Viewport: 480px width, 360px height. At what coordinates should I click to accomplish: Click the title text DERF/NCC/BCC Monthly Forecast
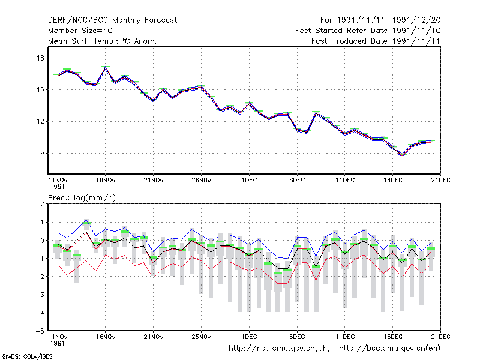[112, 20]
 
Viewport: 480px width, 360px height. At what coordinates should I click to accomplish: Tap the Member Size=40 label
[80, 31]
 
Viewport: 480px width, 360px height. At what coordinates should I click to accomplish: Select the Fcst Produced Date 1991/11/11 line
[376, 41]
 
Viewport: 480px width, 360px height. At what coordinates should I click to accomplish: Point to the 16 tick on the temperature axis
[41, 58]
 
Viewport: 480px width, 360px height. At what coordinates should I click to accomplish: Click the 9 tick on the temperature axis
[42, 153]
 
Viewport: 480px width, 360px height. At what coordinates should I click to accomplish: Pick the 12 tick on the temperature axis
[41, 121]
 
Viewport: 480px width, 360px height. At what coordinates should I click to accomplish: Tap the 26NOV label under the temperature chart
[202, 181]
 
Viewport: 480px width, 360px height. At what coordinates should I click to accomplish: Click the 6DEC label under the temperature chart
[297, 181]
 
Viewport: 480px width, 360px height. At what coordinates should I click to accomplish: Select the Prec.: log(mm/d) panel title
[82, 198]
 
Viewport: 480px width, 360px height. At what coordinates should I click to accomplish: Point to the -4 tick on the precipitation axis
[40, 313]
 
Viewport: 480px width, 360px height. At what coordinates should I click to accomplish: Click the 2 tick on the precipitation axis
[42, 204]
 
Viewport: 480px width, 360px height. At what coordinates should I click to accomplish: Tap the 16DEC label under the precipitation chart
[393, 337]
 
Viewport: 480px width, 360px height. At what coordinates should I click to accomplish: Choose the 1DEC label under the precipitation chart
[249, 337]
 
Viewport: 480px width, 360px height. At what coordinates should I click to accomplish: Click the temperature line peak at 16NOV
[106, 68]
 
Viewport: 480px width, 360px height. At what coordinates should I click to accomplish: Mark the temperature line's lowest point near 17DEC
[402, 155]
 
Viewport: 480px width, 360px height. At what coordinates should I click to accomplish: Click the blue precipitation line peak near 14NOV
[86, 220]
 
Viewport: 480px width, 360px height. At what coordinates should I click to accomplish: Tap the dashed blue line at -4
[245, 313]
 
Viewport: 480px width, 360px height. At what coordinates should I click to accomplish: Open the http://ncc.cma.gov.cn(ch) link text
[279, 349]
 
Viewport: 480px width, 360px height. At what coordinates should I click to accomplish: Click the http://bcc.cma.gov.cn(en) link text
[389, 349]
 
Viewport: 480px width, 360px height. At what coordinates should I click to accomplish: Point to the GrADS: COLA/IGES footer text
[27, 356]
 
